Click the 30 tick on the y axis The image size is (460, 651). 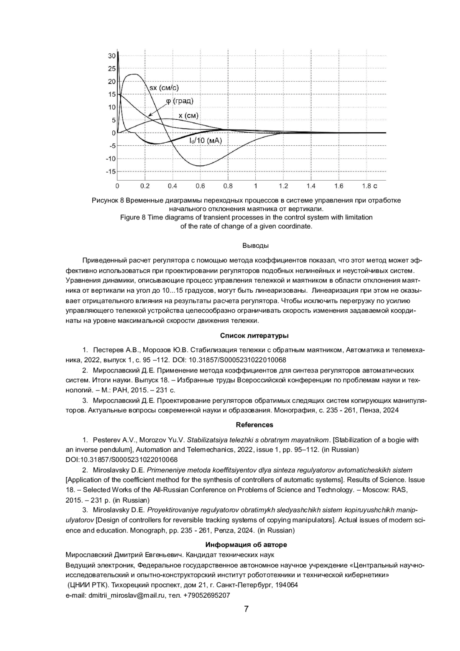112,56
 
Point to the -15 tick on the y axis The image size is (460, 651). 111,171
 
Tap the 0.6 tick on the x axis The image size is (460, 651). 200,186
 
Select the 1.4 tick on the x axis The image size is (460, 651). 311,186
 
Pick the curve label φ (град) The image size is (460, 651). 180,101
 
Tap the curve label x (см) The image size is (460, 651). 189,116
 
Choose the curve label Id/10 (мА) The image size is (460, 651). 205,141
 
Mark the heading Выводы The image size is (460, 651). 255,246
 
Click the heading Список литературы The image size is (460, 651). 254,336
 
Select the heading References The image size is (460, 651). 255,425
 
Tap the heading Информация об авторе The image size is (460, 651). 246,545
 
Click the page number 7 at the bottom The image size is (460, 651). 246,609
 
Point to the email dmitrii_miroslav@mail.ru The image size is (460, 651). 126,595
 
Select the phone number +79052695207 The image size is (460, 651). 207,595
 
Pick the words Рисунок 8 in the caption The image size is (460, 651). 108,200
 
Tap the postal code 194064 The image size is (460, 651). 287,585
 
